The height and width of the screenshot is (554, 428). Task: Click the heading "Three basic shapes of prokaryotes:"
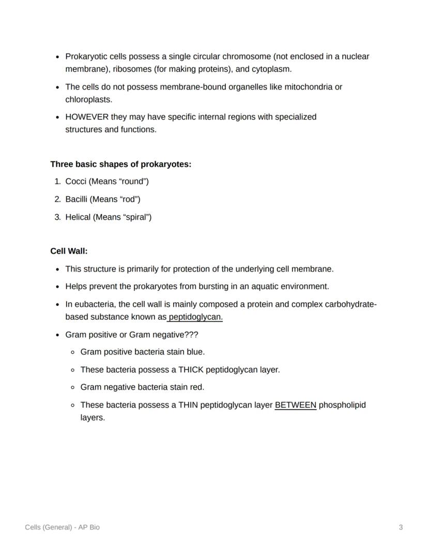point(120,164)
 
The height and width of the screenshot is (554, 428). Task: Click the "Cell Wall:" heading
point(69,251)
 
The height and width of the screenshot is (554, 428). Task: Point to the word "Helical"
point(78,217)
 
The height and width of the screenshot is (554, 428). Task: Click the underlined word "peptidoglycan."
point(195,317)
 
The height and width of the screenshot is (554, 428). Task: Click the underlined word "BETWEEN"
point(295,405)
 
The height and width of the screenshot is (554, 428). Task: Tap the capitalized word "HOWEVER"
point(87,117)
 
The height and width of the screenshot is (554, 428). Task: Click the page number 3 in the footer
point(401,527)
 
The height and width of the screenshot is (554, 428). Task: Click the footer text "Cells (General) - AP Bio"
point(63,527)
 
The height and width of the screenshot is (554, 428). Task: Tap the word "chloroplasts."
point(88,99)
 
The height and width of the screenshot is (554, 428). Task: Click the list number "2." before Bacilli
point(57,199)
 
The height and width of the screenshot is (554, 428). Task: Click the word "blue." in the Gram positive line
point(195,352)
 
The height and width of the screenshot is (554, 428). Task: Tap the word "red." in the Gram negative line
point(196,387)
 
